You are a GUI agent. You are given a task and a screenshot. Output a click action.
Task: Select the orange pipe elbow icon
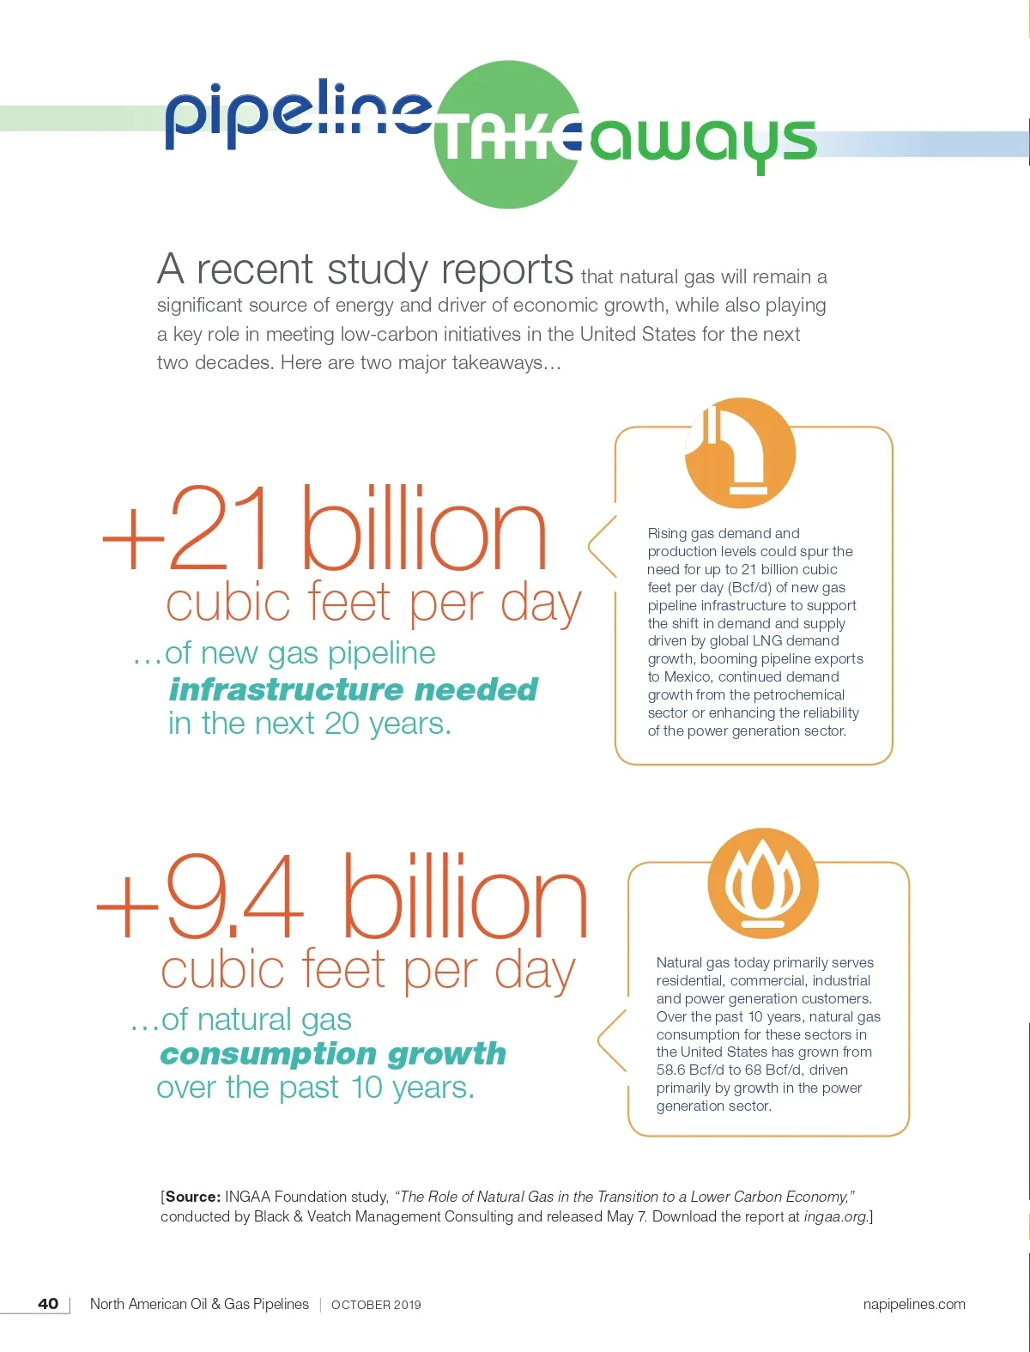tap(740, 452)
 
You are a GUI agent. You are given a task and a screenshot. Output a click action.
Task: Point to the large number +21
tap(193, 530)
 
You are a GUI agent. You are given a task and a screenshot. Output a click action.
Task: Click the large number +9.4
tap(202, 898)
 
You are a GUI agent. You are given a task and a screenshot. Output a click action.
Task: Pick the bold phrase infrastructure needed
tap(353, 689)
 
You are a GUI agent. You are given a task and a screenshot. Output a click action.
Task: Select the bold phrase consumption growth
tap(333, 1053)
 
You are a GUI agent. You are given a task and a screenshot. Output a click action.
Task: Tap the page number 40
tap(48, 1304)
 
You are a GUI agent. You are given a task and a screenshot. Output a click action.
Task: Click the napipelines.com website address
tap(913, 1304)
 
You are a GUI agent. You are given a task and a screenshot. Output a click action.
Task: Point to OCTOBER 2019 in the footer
tap(376, 1305)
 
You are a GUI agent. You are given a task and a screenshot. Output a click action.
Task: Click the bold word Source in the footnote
tap(192, 1197)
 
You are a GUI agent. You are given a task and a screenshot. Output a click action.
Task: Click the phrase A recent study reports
tap(365, 270)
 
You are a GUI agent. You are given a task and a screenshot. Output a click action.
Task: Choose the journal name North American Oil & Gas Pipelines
tap(199, 1304)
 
